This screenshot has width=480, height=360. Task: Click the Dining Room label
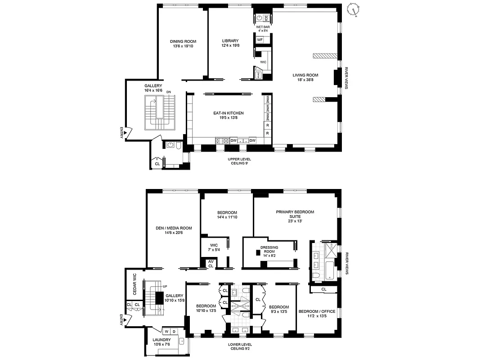click(x=183, y=41)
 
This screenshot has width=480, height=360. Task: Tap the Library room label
click(x=230, y=41)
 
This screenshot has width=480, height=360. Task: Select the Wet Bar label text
click(x=263, y=27)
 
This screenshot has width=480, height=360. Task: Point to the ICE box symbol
click(x=266, y=18)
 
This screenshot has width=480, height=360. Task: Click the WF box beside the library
click(x=260, y=40)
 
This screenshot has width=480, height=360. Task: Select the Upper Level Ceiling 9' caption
click(x=239, y=161)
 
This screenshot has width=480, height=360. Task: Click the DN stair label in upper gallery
click(x=169, y=92)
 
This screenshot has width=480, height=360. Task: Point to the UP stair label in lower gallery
click(x=165, y=286)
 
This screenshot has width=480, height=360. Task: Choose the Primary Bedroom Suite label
click(x=295, y=214)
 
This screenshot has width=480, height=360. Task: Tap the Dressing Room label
click(x=269, y=247)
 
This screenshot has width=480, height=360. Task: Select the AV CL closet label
click(x=211, y=264)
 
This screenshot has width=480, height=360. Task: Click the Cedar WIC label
click(x=134, y=284)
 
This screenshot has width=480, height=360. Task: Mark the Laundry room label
click(x=161, y=340)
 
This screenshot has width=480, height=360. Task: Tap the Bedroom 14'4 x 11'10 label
click(x=227, y=212)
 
